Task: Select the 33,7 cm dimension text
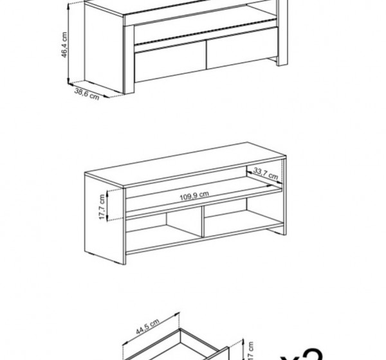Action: (265, 173)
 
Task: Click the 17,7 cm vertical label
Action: (101, 206)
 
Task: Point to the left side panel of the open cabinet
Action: (105, 219)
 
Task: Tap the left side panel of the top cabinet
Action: (103, 48)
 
